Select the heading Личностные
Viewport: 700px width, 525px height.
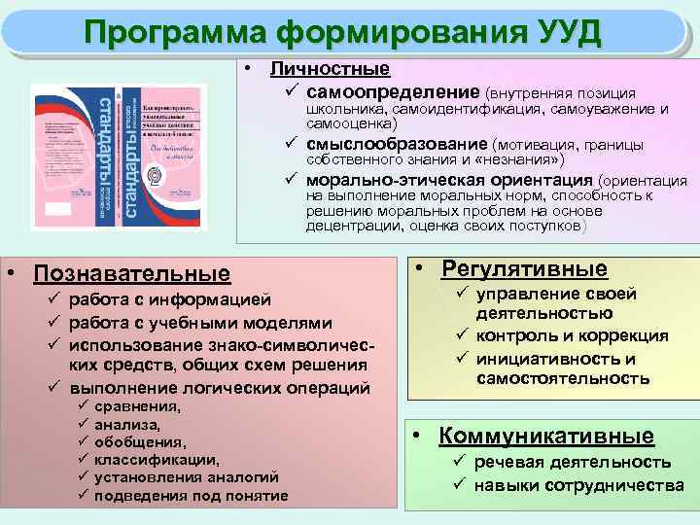click(330, 69)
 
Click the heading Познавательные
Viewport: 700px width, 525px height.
click(132, 274)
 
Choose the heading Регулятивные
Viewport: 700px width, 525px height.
click(524, 268)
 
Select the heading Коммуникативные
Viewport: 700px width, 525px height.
click(546, 436)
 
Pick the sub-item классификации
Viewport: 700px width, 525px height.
click(157, 460)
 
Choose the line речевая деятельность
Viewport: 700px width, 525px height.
click(573, 462)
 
